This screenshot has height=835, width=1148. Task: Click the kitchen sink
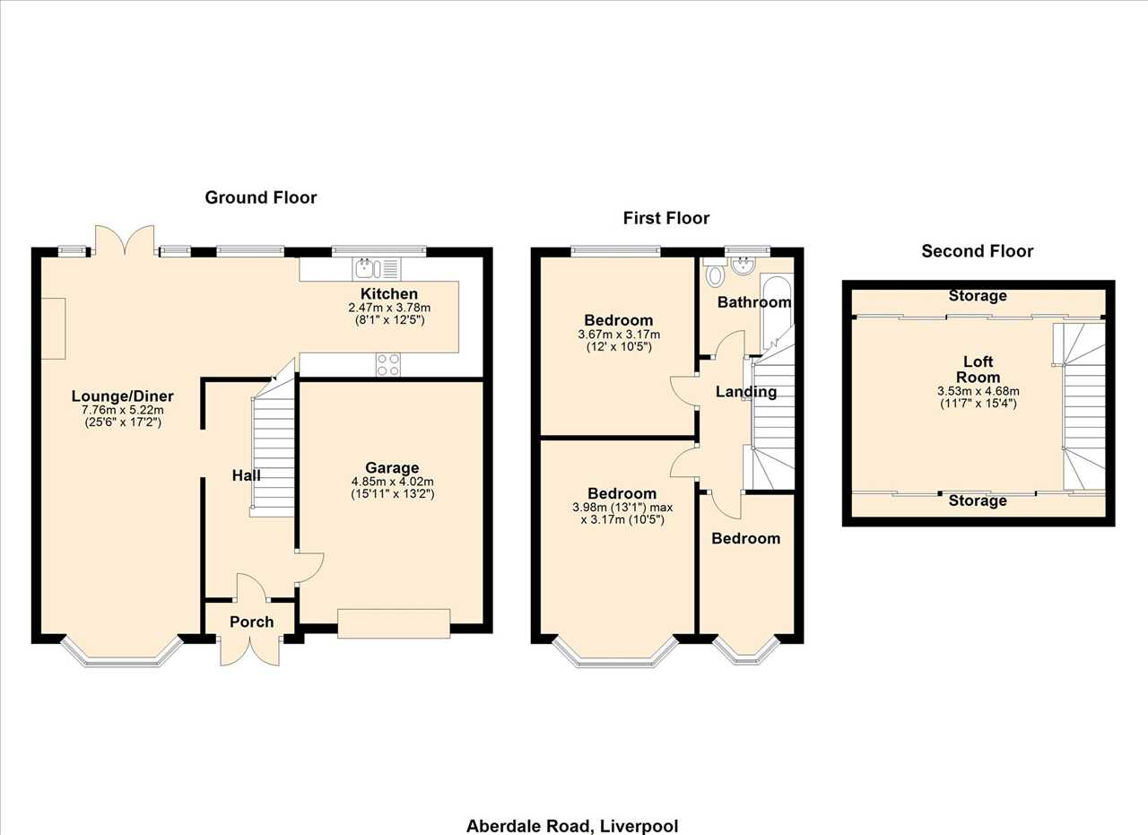[x=377, y=269]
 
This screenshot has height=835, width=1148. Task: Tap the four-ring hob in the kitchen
[x=388, y=364]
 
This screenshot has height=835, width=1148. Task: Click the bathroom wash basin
[x=743, y=266]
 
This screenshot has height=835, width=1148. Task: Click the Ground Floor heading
[x=261, y=197]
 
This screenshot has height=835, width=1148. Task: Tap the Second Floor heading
[x=978, y=250]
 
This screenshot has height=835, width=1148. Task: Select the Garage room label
[x=392, y=467]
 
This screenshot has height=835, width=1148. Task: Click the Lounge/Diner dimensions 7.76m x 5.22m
[x=123, y=410]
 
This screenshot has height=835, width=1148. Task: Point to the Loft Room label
[x=978, y=369]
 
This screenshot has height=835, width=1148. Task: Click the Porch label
[x=252, y=622]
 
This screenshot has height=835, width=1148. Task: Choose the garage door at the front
[x=394, y=623]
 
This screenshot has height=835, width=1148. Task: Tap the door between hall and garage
[x=309, y=568]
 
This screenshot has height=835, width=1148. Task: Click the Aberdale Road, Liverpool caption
[x=572, y=826]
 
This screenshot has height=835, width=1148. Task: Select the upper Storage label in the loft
[x=978, y=296]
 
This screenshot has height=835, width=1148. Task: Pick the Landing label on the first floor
[x=746, y=392]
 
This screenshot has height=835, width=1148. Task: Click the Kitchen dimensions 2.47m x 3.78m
[x=389, y=308]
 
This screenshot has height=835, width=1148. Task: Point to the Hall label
[x=247, y=475]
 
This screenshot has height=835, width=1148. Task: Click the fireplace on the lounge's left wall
[x=53, y=328]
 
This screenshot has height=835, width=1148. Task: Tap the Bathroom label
[x=754, y=302]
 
